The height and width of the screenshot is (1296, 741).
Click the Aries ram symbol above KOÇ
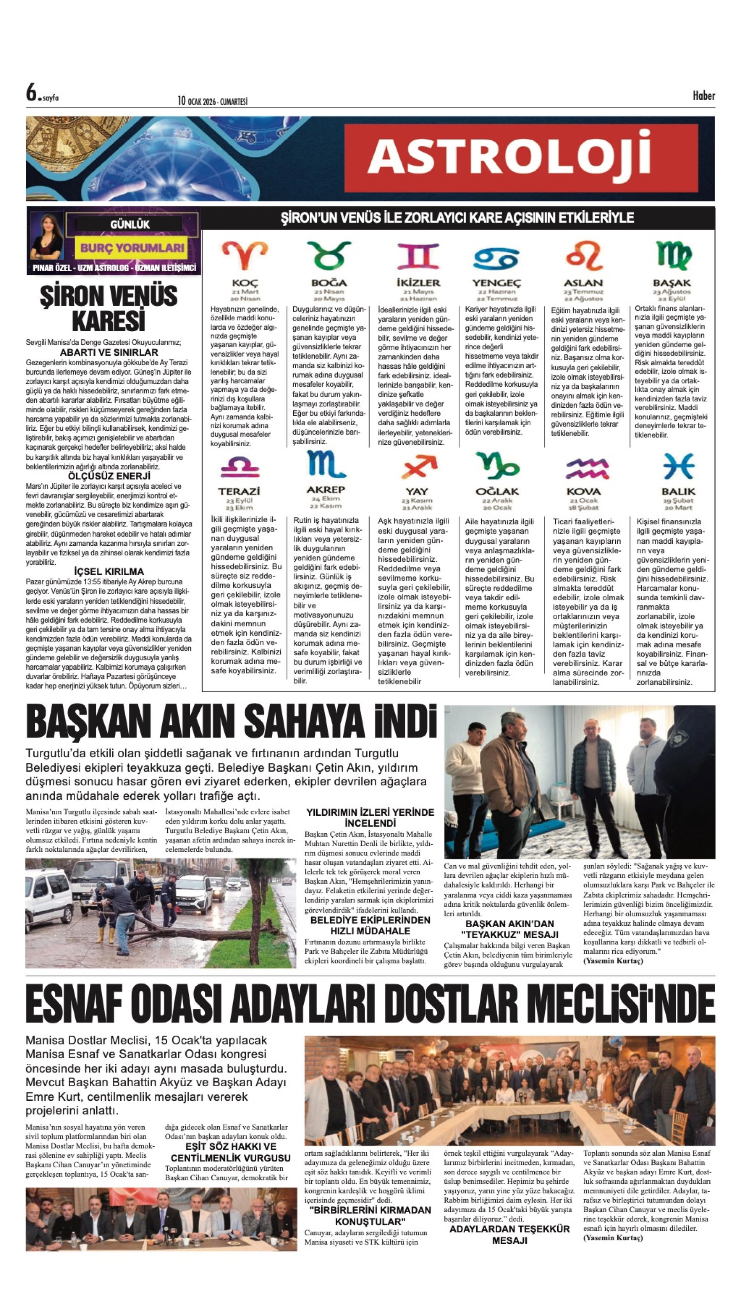[245, 255]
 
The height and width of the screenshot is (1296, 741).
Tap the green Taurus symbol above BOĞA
[329, 255]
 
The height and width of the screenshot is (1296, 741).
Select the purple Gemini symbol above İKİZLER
[418, 255]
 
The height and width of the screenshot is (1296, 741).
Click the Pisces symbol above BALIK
[678, 466]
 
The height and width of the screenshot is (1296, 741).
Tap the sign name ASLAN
[583, 283]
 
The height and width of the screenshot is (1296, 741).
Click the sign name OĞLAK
[497, 492]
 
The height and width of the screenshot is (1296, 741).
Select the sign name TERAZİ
[239, 492]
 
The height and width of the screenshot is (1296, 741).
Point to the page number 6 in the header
[32, 94]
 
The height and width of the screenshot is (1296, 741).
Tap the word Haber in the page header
[703, 95]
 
